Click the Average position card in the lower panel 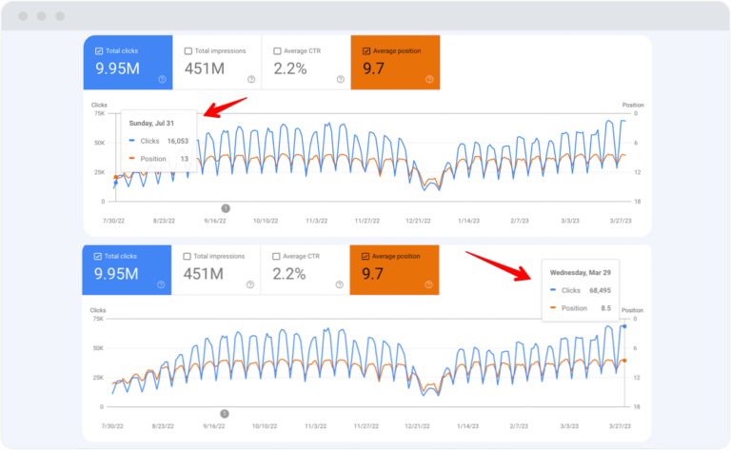(395, 269)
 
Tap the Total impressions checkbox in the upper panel (188, 51)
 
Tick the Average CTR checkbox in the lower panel (277, 256)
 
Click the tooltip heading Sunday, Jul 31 (151, 123)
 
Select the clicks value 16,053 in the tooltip (178, 141)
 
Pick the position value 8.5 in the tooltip (606, 307)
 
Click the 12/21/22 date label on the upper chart (416, 220)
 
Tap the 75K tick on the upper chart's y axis (98, 113)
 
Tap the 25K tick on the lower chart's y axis (98, 378)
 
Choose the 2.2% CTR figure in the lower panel (290, 273)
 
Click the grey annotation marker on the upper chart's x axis (226, 208)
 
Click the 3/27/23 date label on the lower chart (622, 425)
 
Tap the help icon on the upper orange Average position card (428, 79)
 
